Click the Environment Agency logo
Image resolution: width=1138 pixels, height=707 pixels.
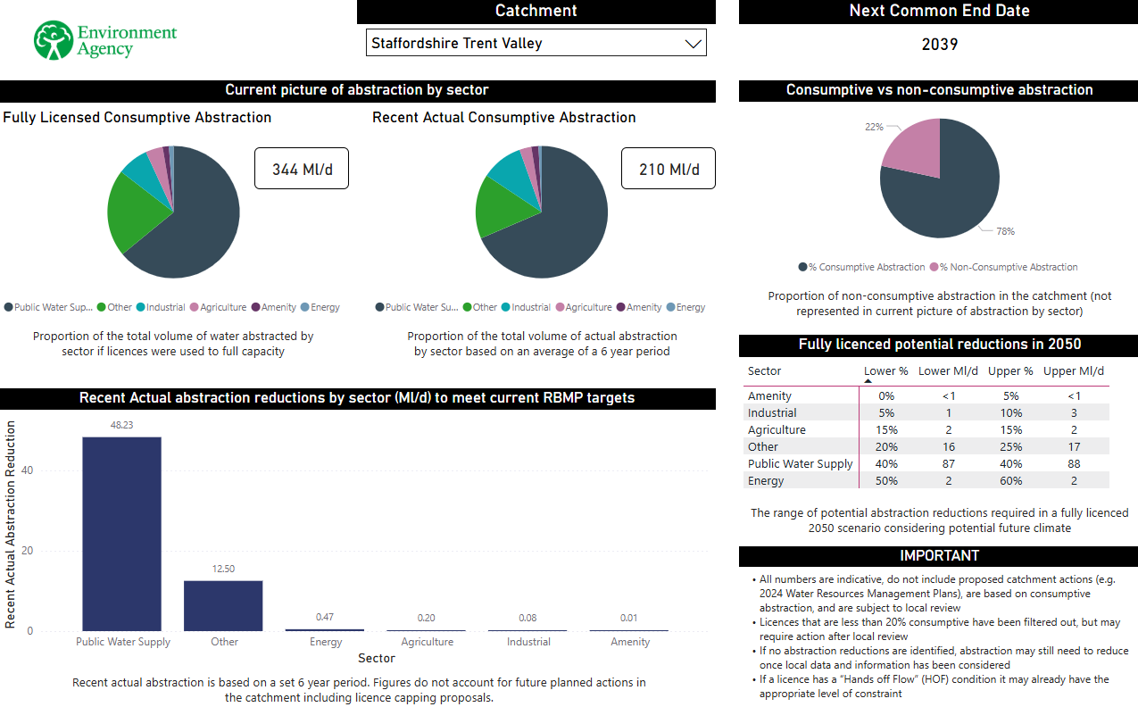105,41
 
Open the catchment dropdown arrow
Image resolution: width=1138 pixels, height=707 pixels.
693,44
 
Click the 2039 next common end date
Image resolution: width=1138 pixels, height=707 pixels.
939,44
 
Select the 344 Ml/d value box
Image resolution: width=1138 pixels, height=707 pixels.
302,169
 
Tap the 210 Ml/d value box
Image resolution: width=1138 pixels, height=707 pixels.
669,169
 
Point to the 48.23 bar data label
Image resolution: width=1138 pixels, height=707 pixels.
122,425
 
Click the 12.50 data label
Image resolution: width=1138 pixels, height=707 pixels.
223,569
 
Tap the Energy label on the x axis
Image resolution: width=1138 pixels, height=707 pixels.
326,642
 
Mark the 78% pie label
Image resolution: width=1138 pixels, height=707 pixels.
1005,231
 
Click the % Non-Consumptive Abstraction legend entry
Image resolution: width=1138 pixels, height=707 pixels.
1008,267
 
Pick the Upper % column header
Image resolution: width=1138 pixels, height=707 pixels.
1010,371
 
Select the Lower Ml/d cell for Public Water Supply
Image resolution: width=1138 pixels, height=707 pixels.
948,464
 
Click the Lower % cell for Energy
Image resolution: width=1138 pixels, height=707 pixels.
886,481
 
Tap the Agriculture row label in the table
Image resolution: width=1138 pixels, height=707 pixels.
777,430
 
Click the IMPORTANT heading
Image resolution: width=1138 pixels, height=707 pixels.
938,556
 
